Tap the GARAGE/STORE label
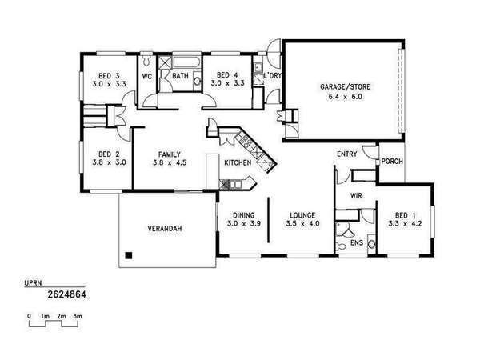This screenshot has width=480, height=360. [x=346, y=87]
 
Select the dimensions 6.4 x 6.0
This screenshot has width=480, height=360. [x=346, y=97]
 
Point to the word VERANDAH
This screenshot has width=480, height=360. [x=165, y=228]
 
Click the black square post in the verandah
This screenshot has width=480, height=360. [x=129, y=255]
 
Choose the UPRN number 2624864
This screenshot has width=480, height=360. [x=66, y=294]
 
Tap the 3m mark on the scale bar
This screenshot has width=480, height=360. [x=78, y=316]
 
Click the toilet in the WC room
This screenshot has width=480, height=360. [x=146, y=59]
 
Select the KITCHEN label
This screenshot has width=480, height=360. [x=238, y=162]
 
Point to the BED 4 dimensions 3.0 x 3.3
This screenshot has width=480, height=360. [x=227, y=82]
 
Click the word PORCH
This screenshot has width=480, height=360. [x=392, y=161]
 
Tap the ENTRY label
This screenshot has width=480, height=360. [x=347, y=154]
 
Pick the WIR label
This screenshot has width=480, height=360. [x=356, y=196]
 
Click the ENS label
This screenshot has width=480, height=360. [x=357, y=243]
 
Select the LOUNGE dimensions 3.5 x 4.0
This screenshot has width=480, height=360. [x=302, y=223]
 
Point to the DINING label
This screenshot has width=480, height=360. [x=244, y=215]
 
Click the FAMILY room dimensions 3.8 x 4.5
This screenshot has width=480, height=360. [x=170, y=162]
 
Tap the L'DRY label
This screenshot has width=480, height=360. [x=272, y=75]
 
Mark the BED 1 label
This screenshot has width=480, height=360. [x=405, y=215]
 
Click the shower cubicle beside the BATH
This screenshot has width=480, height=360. [x=165, y=62]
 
